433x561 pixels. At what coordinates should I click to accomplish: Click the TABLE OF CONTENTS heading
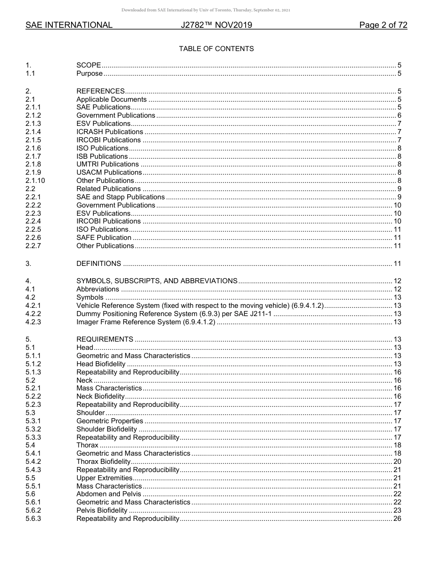[216, 49]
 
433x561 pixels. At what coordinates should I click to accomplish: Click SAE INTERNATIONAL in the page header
[69, 25]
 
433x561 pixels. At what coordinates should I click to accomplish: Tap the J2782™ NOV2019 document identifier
[216, 25]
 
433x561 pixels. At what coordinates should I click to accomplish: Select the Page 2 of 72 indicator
[383, 25]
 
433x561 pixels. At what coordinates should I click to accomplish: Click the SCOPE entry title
[88, 65]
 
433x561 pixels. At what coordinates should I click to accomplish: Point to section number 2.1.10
[35, 181]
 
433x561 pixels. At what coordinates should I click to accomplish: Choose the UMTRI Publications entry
[108, 164]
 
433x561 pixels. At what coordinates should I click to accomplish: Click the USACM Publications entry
[109, 172]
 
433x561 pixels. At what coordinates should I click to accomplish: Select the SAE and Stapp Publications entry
[120, 197]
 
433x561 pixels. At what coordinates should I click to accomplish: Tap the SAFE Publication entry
[104, 238]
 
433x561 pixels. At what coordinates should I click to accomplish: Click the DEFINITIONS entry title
[98, 264]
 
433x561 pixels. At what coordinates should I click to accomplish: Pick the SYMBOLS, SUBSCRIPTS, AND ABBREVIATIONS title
[157, 281]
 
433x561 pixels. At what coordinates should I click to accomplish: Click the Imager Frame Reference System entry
[145, 322]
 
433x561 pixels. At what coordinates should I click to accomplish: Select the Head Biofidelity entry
[101, 364]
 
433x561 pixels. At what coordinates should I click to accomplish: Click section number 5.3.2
[33, 429]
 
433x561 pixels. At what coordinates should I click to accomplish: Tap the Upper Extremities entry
[104, 478]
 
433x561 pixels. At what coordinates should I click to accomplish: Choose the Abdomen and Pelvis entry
[108, 494]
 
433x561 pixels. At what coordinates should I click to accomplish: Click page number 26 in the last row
[397, 519]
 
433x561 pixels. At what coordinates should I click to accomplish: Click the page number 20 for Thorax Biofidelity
[397, 462]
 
